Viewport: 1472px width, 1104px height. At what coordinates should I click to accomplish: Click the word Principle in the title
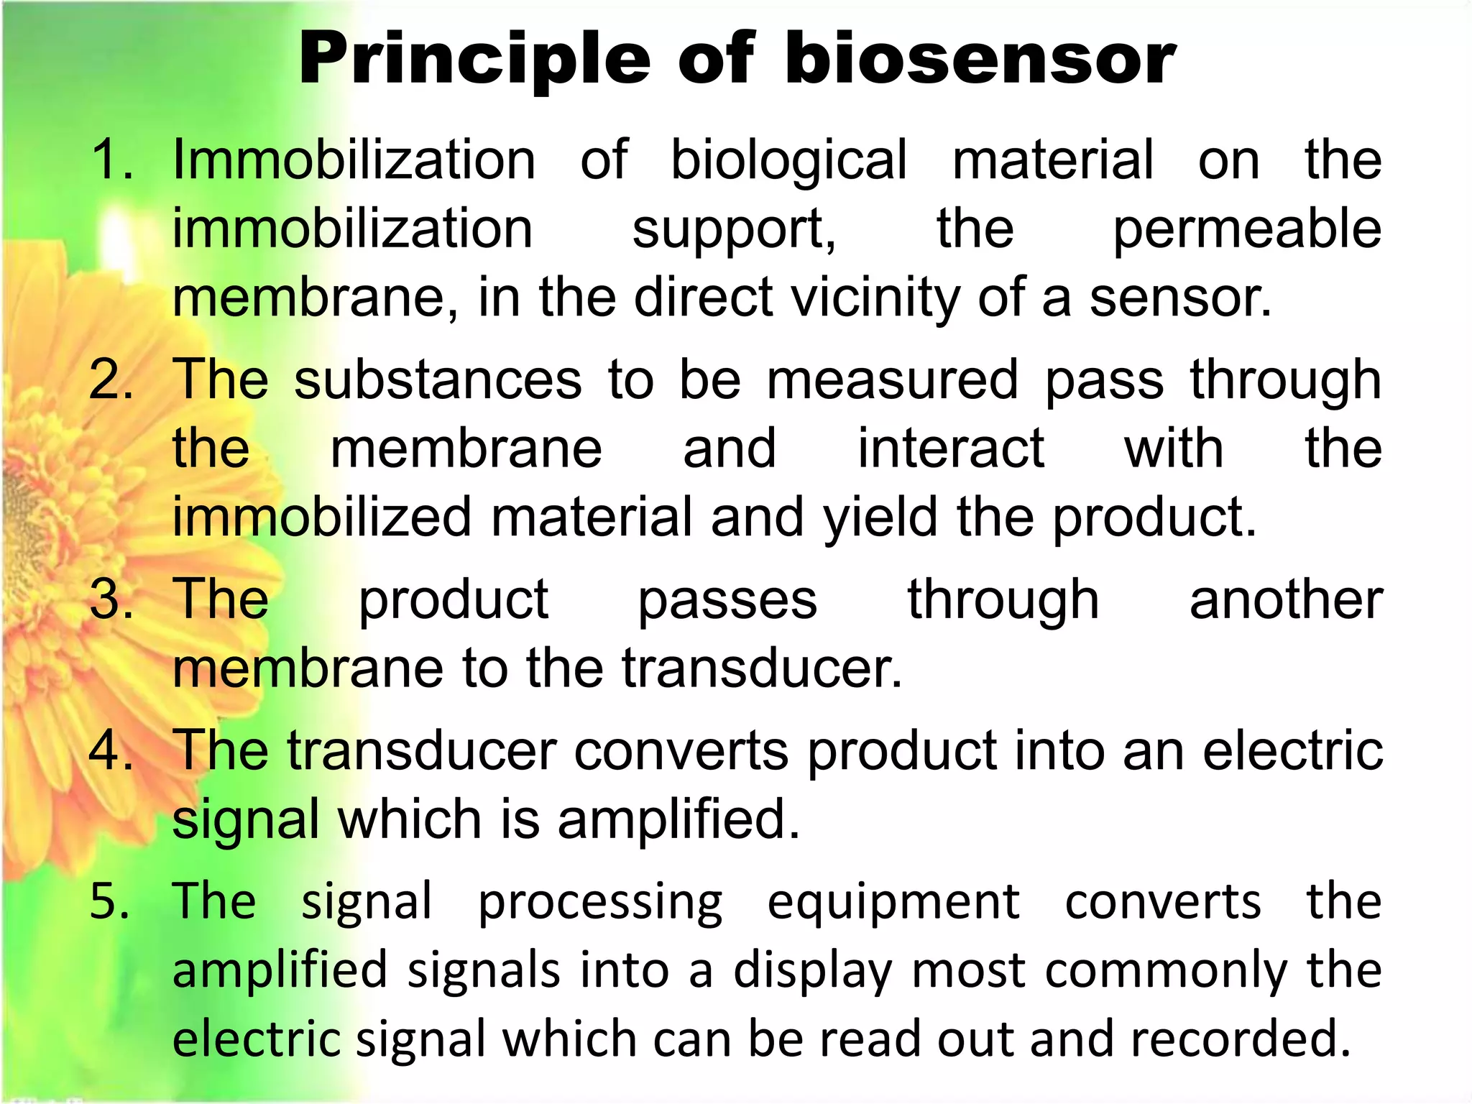coord(474,60)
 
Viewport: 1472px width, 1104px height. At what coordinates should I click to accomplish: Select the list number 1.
coord(111,159)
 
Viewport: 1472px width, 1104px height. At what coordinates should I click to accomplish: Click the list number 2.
coord(111,379)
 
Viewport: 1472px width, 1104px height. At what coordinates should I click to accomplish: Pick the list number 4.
coord(111,750)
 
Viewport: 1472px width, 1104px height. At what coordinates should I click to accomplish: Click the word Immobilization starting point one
coord(354,159)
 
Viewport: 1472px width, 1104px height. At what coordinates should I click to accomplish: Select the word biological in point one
coord(788,160)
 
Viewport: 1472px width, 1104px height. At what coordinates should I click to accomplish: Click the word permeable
coord(1247,229)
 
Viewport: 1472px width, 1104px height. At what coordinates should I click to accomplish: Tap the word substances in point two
coord(438,379)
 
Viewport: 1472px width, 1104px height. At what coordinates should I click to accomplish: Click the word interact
coord(951,448)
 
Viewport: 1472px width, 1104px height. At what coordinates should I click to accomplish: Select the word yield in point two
coord(880,517)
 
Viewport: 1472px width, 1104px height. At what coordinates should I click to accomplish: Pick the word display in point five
coord(812,971)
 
